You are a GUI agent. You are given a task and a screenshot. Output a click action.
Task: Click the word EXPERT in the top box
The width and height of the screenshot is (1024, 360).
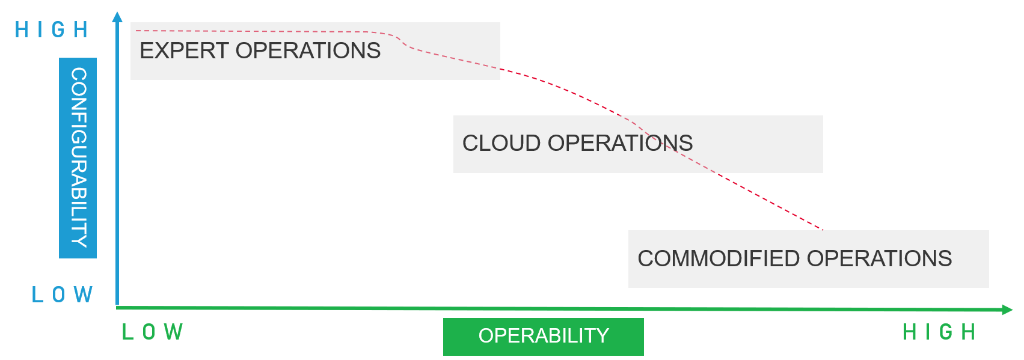[x=184, y=51]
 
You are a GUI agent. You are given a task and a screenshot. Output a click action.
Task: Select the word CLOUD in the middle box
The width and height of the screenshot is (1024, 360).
[x=501, y=144]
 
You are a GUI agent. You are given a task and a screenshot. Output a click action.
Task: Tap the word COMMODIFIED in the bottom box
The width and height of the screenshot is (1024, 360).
[x=719, y=259]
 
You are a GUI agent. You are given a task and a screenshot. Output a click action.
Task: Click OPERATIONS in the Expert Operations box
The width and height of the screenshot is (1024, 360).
[x=308, y=51]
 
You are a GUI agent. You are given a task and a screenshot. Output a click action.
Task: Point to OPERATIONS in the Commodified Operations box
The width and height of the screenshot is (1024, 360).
[x=879, y=259]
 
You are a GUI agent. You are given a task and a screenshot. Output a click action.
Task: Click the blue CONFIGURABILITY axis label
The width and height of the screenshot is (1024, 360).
[x=78, y=158]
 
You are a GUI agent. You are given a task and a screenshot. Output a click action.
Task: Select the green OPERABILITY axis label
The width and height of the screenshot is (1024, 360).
[x=544, y=336]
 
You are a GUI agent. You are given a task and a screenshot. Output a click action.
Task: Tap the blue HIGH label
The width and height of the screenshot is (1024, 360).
[x=52, y=29]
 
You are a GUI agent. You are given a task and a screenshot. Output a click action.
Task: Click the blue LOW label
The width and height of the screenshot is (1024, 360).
[x=62, y=294]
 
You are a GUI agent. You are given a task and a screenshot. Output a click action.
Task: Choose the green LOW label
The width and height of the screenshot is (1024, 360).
[x=153, y=332]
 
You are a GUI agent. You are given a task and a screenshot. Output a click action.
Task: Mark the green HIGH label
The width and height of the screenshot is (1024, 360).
[x=939, y=332]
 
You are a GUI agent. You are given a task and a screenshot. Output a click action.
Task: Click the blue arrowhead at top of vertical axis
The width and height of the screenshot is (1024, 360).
[x=117, y=16]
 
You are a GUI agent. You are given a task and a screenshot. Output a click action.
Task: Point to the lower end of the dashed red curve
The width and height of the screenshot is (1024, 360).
[x=822, y=229]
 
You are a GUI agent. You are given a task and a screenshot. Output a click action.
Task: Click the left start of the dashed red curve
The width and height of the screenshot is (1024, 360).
[x=137, y=31]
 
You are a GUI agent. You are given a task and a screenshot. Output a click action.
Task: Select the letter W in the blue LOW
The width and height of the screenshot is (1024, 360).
[x=84, y=294]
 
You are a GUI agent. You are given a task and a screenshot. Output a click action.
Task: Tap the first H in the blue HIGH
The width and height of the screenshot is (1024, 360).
[x=21, y=29]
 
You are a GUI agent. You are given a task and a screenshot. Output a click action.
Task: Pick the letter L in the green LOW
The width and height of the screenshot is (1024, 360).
[x=127, y=332]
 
